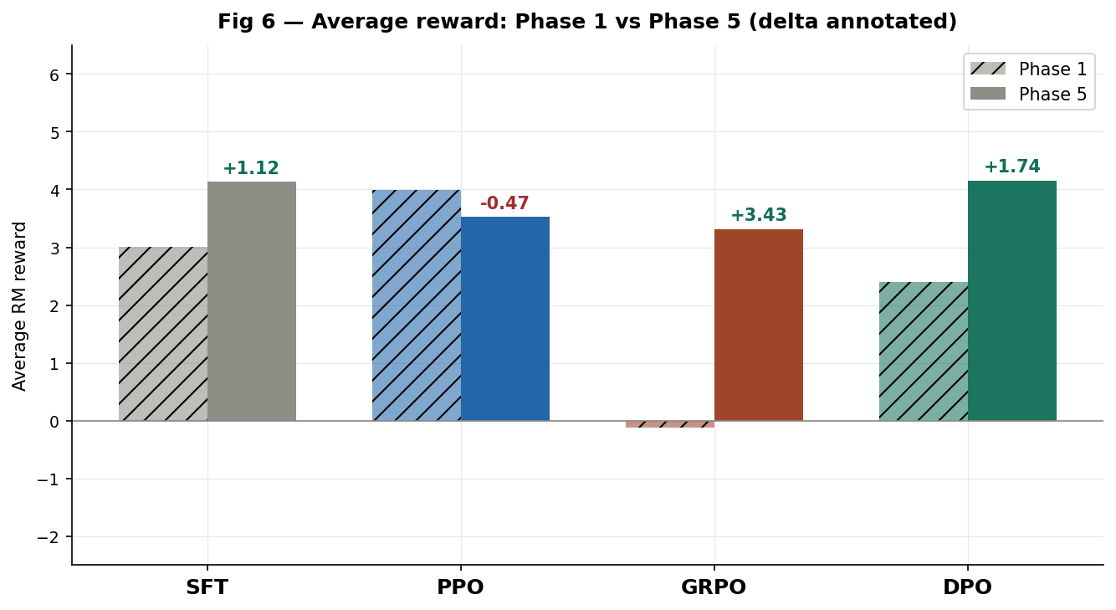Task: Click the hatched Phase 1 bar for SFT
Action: (163, 334)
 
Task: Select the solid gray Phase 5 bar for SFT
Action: (252, 301)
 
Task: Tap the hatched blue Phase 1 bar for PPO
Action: (417, 305)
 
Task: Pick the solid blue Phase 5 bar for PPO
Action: (505, 319)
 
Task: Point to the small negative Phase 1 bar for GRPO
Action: (670, 424)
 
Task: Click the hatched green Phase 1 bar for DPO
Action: (924, 351)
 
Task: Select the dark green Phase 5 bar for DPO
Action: (1012, 300)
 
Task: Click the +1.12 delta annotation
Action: (251, 168)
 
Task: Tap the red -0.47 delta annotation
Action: (504, 203)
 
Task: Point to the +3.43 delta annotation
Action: (759, 215)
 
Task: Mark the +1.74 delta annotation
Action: (1012, 167)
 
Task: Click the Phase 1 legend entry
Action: (1029, 69)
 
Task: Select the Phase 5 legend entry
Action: (1029, 95)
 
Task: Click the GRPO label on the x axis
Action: (714, 587)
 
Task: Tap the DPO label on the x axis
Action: (967, 587)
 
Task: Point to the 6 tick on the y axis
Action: (55, 74)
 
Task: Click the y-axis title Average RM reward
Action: (20, 305)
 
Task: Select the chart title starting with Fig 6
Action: (587, 22)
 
